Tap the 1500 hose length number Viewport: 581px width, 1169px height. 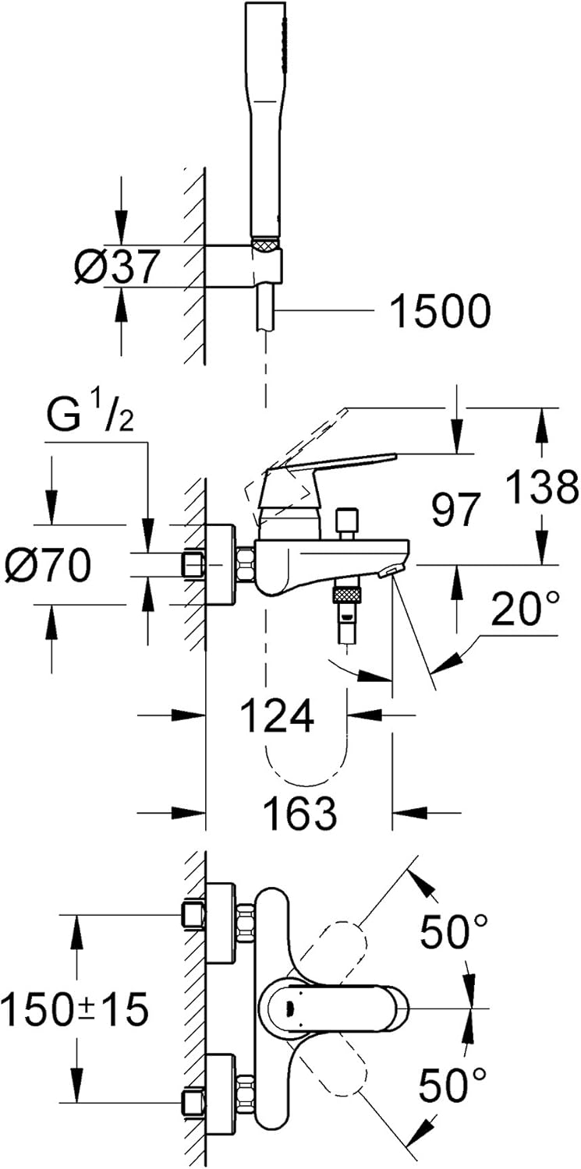(440, 312)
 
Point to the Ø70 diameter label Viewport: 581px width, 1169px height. (47, 563)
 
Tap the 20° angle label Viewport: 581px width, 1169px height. (525, 610)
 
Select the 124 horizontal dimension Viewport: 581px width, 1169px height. (277, 715)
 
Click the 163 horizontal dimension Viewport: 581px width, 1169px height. (300, 813)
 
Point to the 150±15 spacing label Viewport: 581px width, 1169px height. (74, 1011)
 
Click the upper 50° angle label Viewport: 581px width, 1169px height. (455, 931)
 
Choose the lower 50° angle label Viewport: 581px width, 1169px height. (455, 1085)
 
